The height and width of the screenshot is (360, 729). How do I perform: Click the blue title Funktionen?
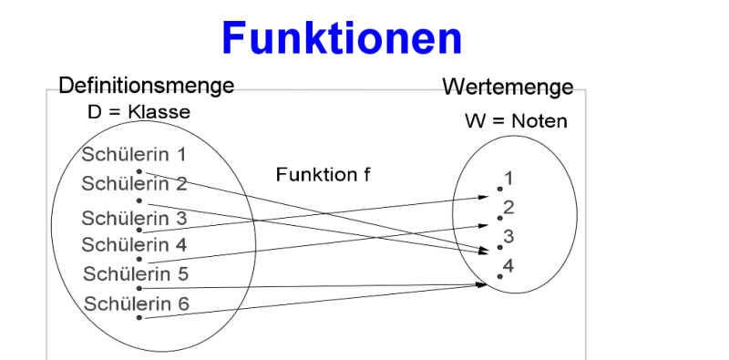click(342, 38)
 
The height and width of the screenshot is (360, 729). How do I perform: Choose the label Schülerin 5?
click(136, 273)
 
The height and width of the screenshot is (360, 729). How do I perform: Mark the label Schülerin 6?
click(136, 303)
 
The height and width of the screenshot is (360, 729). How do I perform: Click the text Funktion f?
click(323, 174)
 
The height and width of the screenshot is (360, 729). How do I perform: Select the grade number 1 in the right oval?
click(508, 178)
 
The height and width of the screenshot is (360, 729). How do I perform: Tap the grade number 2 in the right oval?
click(508, 207)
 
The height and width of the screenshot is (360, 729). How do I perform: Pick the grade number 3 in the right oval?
click(508, 236)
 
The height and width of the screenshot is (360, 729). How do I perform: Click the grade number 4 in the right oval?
click(508, 265)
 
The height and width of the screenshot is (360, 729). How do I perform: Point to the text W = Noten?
click(514, 121)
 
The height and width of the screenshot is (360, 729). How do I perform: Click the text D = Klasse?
click(135, 113)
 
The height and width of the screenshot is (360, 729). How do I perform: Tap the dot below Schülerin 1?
click(139, 170)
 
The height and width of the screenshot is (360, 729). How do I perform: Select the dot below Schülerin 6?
click(139, 318)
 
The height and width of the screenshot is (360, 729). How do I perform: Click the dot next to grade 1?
click(498, 189)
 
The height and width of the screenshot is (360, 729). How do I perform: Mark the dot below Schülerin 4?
click(139, 259)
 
